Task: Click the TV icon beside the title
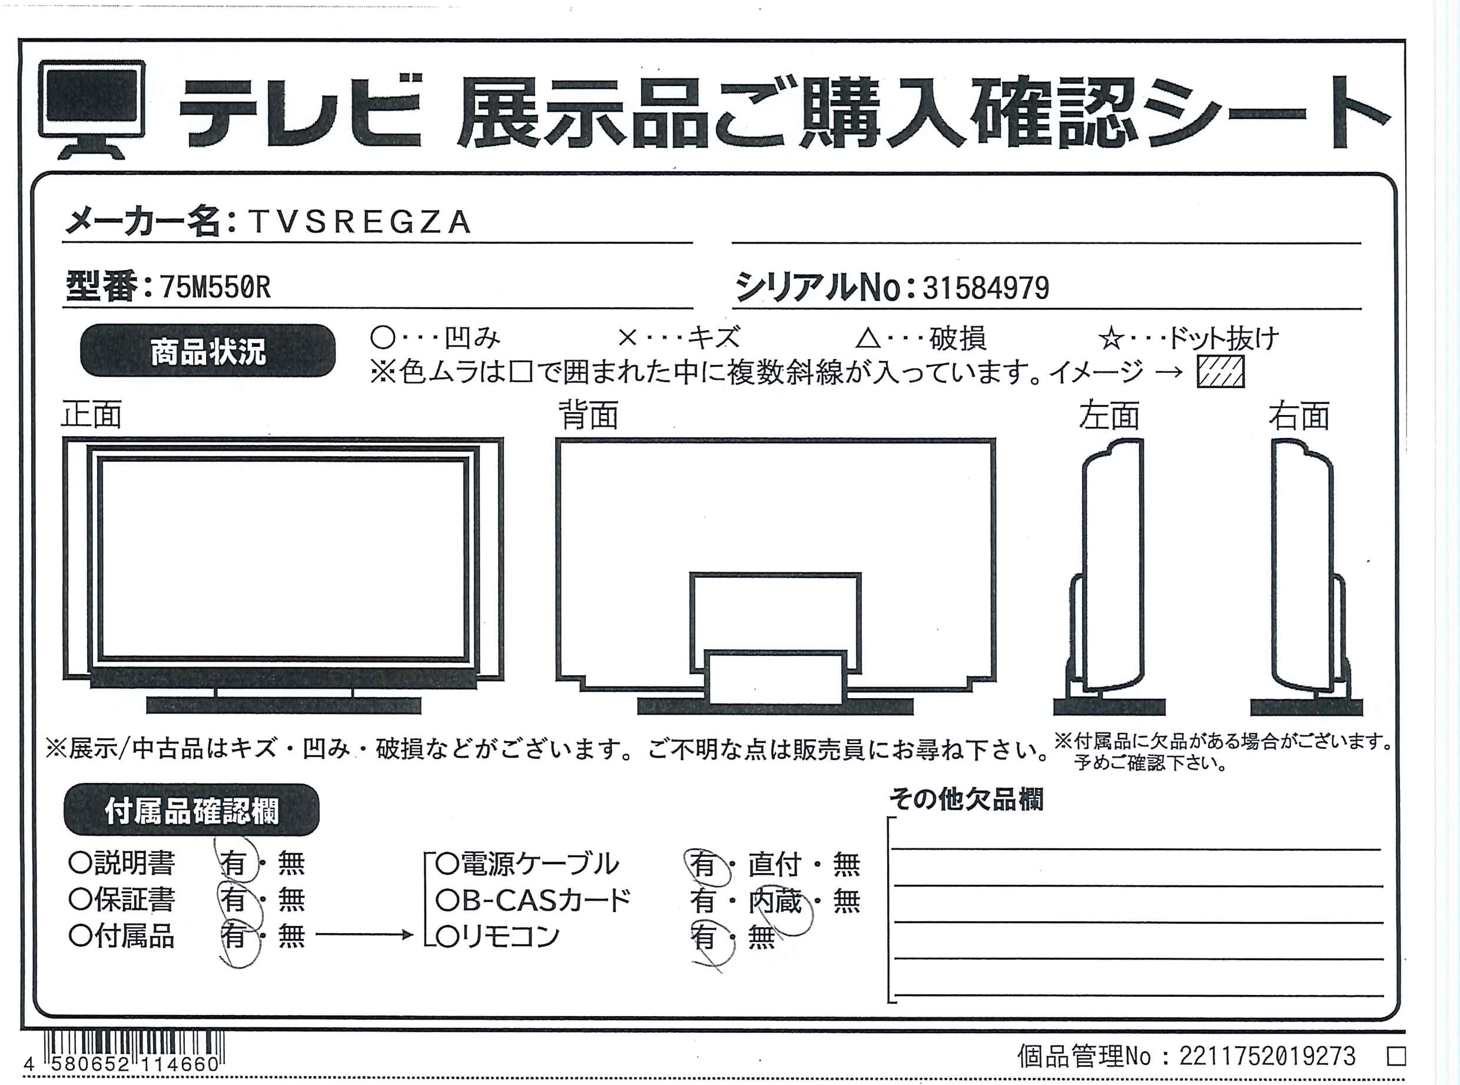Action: tap(92, 109)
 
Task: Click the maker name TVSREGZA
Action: tap(360, 222)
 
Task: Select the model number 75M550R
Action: tap(215, 287)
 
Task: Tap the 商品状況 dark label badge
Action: tap(208, 351)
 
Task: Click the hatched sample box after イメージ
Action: tap(1220, 371)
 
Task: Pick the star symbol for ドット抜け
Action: tap(1110, 339)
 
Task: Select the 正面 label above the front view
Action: tap(91, 415)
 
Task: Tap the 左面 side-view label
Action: tap(1109, 415)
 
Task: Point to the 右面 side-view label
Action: tap(1299, 415)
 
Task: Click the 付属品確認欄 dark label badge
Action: tap(192, 811)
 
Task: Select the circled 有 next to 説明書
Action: tap(234, 862)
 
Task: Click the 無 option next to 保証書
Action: tap(291, 899)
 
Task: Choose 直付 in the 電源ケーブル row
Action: tap(775, 864)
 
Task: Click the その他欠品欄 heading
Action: tap(966, 799)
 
